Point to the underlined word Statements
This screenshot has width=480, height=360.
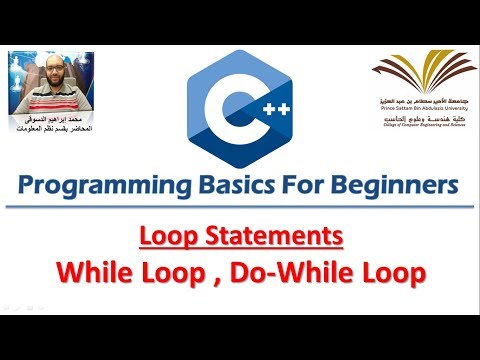click(293, 237)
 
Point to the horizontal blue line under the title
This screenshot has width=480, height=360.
click(240, 208)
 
